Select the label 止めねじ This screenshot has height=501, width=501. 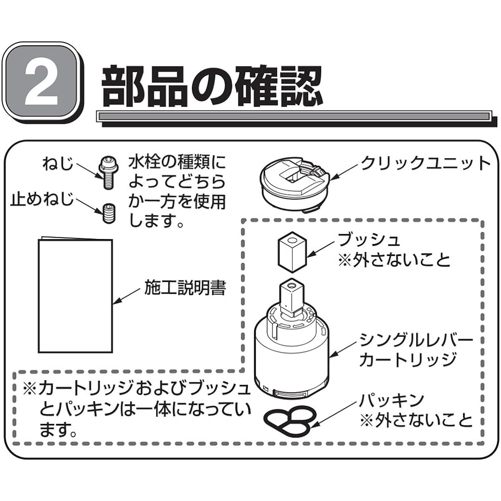click(x=42, y=200)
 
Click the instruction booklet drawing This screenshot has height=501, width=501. click(x=75, y=296)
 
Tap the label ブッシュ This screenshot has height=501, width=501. click(x=369, y=239)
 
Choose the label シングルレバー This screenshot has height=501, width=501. click(x=416, y=341)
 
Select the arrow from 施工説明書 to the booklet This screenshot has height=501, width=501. click(x=127, y=296)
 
